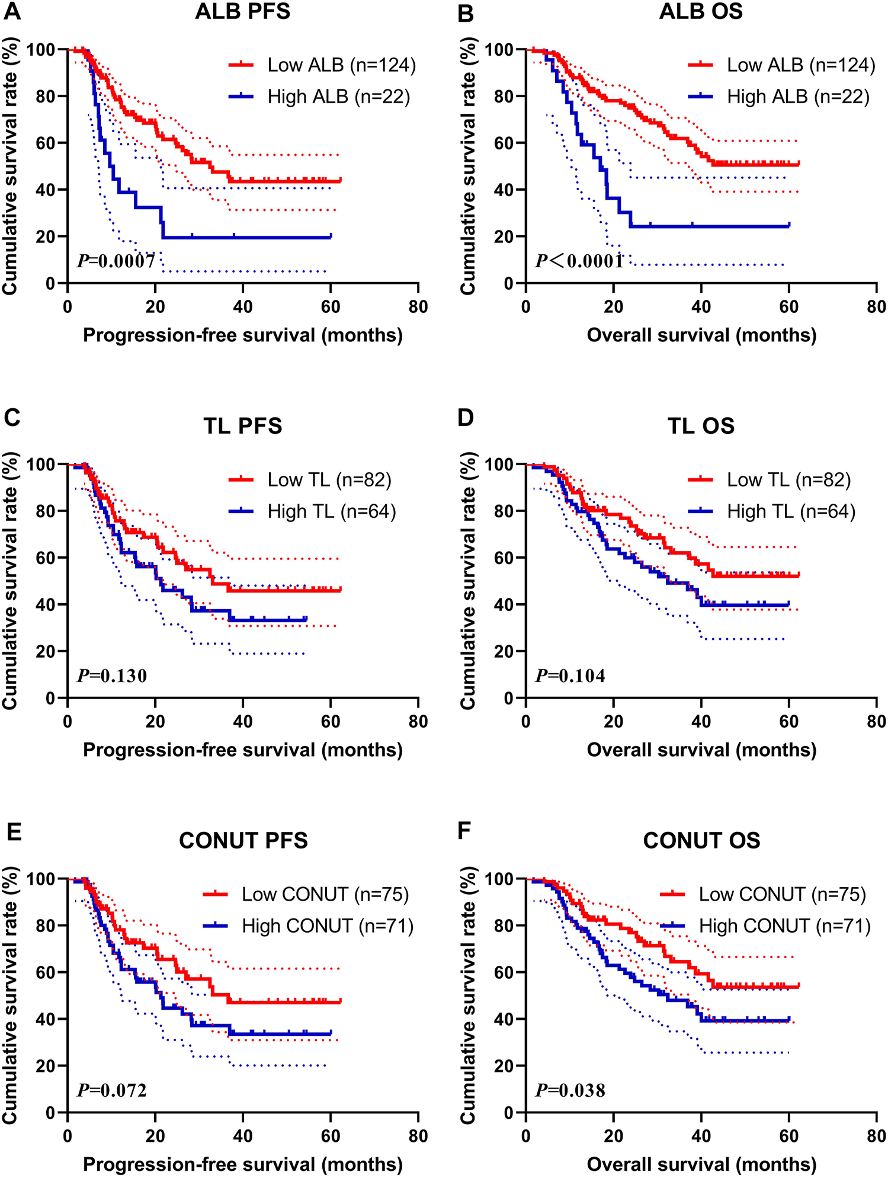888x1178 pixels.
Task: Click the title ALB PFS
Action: pyautogui.click(x=243, y=12)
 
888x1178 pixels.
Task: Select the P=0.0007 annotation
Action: pyautogui.click(x=116, y=261)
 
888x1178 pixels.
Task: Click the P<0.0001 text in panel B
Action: pyautogui.click(x=579, y=261)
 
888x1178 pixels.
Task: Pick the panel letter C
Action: pyautogui.click(x=12, y=417)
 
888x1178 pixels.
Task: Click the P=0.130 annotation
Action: pyautogui.click(x=112, y=676)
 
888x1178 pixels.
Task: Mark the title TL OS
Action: pyautogui.click(x=701, y=426)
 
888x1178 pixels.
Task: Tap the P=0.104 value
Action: pyautogui.click(x=570, y=676)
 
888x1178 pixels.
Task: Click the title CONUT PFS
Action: pyautogui.click(x=243, y=840)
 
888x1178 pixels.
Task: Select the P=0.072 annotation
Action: pyautogui.click(x=112, y=1090)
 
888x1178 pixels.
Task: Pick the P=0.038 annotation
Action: pyautogui.click(x=570, y=1090)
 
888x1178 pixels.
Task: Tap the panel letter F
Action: pyautogui.click(x=465, y=831)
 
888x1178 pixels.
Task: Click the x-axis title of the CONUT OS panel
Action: pyautogui.click(x=701, y=1164)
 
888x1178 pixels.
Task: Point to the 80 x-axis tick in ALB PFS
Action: pyautogui.click(x=418, y=307)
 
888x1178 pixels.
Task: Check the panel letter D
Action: pyautogui.click(x=466, y=417)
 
